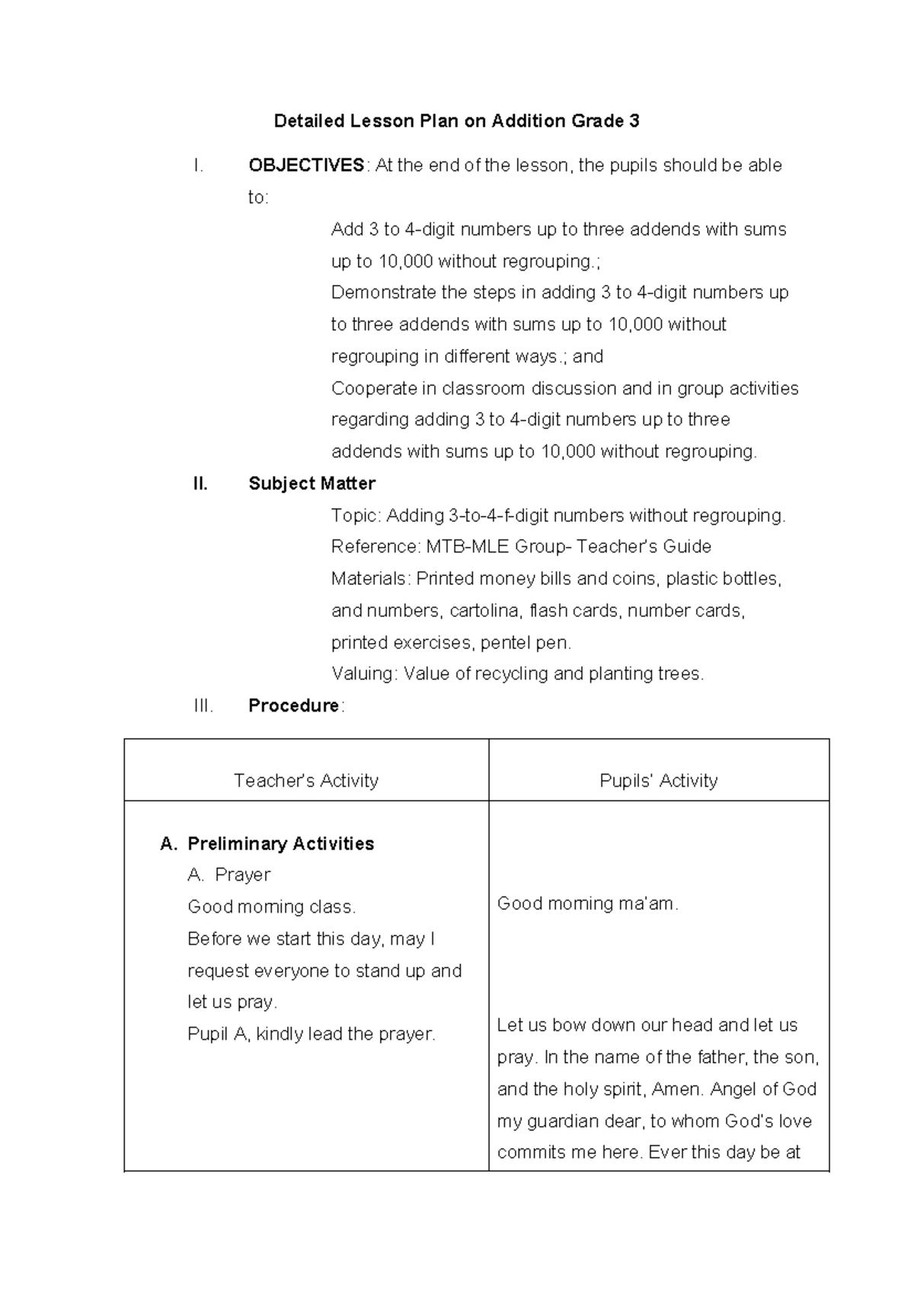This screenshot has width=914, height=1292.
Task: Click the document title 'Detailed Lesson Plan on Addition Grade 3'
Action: pyautogui.click(x=456, y=121)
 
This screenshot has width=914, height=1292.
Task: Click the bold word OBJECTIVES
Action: pyautogui.click(x=306, y=165)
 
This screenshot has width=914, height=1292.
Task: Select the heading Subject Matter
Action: pyautogui.click(x=312, y=484)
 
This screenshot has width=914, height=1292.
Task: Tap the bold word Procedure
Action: pyautogui.click(x=293, y=705)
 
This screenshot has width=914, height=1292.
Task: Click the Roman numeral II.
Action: pyautogui.click(x=200, y=484)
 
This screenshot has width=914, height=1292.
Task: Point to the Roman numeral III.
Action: pyautogui.click(x=203, y=705)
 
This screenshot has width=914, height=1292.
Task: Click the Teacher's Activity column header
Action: pyautogui.click(x=305, y=780)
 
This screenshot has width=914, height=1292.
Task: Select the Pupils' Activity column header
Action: pyautogui.click(x=658, y=780)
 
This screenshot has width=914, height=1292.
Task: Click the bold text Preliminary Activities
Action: pyautogui.click(x=280, y=843)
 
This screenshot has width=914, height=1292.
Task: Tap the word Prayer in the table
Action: pyautogui.click(x=242, y=875)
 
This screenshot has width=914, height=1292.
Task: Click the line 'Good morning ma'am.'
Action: pyautogui.click(x=587, y=903)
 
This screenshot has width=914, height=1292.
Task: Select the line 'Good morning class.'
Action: pyautogui.click(x=271, y=907)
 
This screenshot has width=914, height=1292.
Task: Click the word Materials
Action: pyautogui.click(x=369, y=578)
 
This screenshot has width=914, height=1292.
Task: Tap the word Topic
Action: pyautogui.click(x=354, y=516)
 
